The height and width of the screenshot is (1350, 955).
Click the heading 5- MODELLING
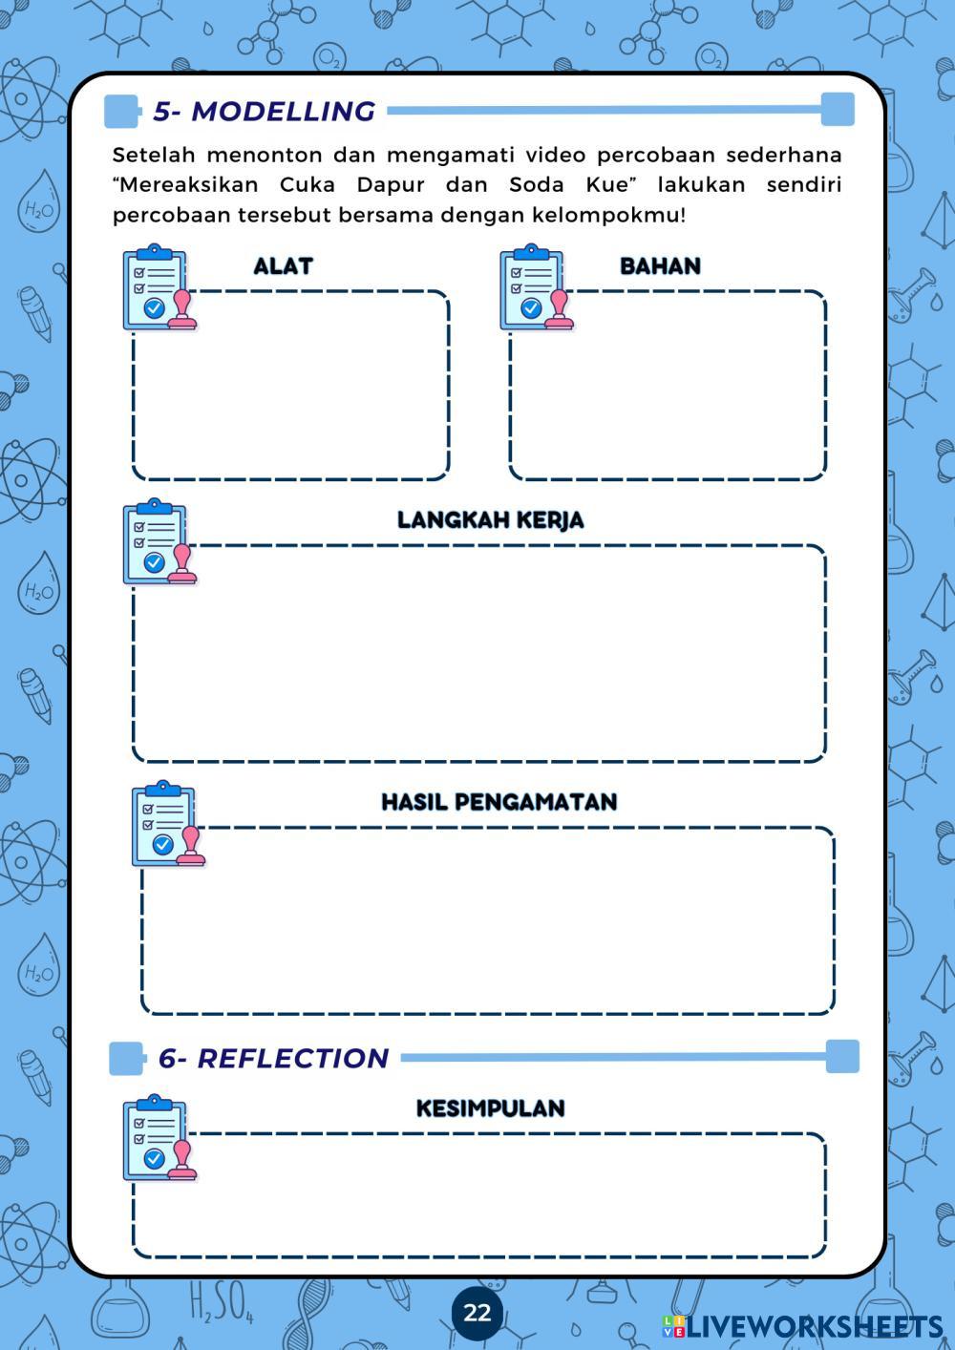click(x=264, y=111)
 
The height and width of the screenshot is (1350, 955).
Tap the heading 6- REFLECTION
click(x=273, y=1058)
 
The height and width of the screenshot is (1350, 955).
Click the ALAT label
click(x=283, y=266)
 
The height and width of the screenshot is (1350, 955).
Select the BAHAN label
click(x=660, y=266)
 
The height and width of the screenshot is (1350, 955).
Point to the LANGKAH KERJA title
click(x=490, y=520)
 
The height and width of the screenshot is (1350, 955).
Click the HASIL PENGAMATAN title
click(x=499, y=802)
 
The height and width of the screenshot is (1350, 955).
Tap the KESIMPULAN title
click(x=490, y=1108)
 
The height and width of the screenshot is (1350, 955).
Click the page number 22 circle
click(x=477, y=1312)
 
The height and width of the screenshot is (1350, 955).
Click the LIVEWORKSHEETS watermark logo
click(x=802, y=1326)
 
